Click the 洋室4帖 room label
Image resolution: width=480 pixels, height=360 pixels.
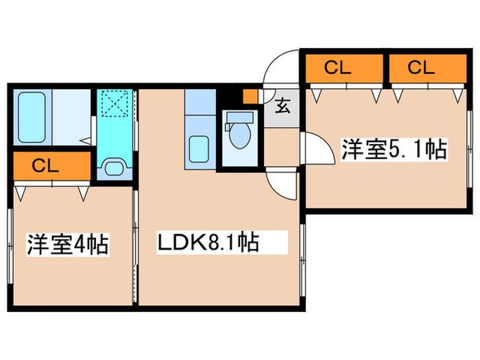coord(68,245)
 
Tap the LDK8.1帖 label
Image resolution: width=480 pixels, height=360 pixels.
coord(208,243)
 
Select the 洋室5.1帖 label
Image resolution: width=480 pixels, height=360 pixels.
coord(394,149)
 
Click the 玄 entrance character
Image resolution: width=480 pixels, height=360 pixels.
coord(283,106)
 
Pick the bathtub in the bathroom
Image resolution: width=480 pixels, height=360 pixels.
coord(32,117)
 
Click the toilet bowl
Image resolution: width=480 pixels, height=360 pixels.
coord(240,136)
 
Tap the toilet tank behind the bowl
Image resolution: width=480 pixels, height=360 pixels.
coord(240,117)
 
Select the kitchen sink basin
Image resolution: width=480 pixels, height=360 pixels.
coord(199,149)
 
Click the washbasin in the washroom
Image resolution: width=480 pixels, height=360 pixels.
coord(115,167)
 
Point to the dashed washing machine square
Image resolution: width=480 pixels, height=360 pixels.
coord(115,103)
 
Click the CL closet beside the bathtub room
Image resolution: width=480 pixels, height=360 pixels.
coord(52,166)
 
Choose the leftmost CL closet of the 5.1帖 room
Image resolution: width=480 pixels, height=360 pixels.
coord(344,69)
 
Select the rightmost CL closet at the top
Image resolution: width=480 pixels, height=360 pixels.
coord(428,69)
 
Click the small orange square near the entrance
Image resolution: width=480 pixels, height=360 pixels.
coord(250,96)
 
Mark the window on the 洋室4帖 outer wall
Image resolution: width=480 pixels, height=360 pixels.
coord(10,246)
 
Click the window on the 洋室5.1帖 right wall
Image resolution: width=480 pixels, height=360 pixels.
coord(469,149)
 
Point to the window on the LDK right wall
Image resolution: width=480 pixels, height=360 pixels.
coord(302,260)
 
